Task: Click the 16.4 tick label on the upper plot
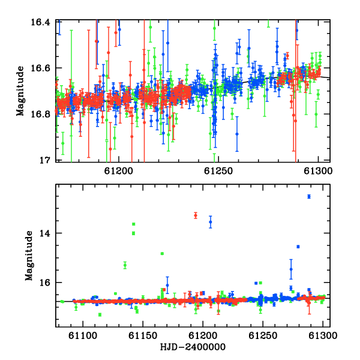[40, 22]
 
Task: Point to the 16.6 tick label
[40, 68]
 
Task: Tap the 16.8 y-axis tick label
[40, 114]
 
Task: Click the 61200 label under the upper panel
[118, 171]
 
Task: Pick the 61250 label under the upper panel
[218, 171]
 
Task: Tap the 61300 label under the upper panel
[318, 171]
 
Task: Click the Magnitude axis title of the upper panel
[20, 91]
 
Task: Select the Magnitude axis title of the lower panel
[29, 256]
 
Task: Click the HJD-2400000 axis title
[193, 347]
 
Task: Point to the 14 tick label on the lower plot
[44, 233]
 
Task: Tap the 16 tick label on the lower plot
[44, 283]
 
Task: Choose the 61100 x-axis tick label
[83, 335]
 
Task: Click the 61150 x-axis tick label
[143, 335]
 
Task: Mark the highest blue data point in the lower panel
[309, 197]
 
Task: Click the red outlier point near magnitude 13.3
[196, 215]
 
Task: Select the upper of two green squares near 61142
[134, 224]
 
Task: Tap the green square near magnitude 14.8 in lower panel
[162, 254]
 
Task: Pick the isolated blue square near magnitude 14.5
[298, 247]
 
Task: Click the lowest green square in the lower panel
[100, 314]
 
